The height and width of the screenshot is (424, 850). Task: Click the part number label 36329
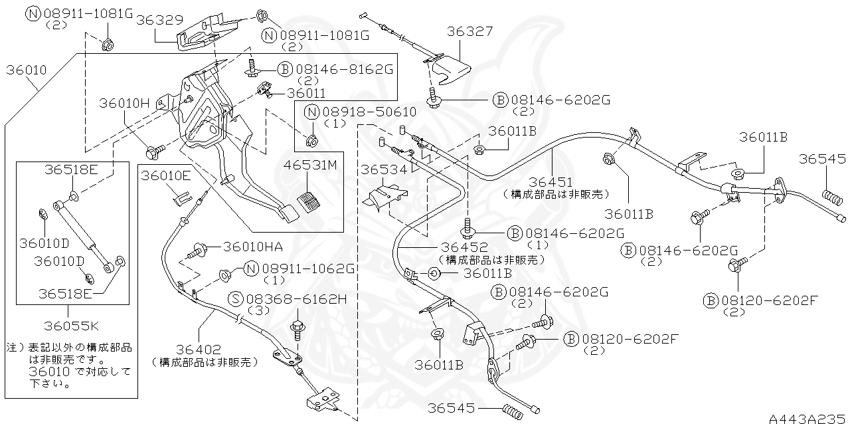point(159,20)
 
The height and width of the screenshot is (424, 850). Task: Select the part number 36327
point(469,32)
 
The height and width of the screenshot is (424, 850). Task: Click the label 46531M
point(311,164)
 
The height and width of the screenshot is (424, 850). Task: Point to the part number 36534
point(383,169)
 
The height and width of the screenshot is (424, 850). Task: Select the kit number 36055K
point(72,326)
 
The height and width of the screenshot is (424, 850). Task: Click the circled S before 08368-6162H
point(236,299)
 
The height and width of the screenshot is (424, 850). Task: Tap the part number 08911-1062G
point(308,268)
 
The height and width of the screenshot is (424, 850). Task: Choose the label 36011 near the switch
point(306,94)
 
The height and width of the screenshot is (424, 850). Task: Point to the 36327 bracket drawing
point(448,69)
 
